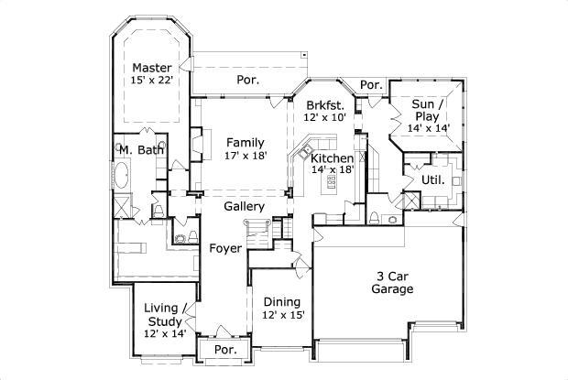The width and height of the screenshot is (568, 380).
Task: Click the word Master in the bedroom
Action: pyautogui.click(x=151, y=68)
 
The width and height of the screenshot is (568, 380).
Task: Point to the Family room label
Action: pyautogui.click(x=246, y=142)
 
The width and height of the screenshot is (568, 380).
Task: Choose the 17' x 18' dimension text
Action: pyautogui.click(x=246, y=156)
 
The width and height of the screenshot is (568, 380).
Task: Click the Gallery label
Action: pyautogui.click(x=245, y=207)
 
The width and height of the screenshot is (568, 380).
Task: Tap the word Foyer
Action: pyautogui.click(x=225, y=248)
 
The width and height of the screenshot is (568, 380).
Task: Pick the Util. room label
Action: pyautogui.click(x=432, y=179)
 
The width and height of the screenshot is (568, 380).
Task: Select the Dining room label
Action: pyautogui.click(x=281, y=302)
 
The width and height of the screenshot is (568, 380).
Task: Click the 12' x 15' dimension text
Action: pyautogui.click(x=281, y=315)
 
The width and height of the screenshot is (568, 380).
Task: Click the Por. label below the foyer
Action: pyautogui.click(x=225, y=350)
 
